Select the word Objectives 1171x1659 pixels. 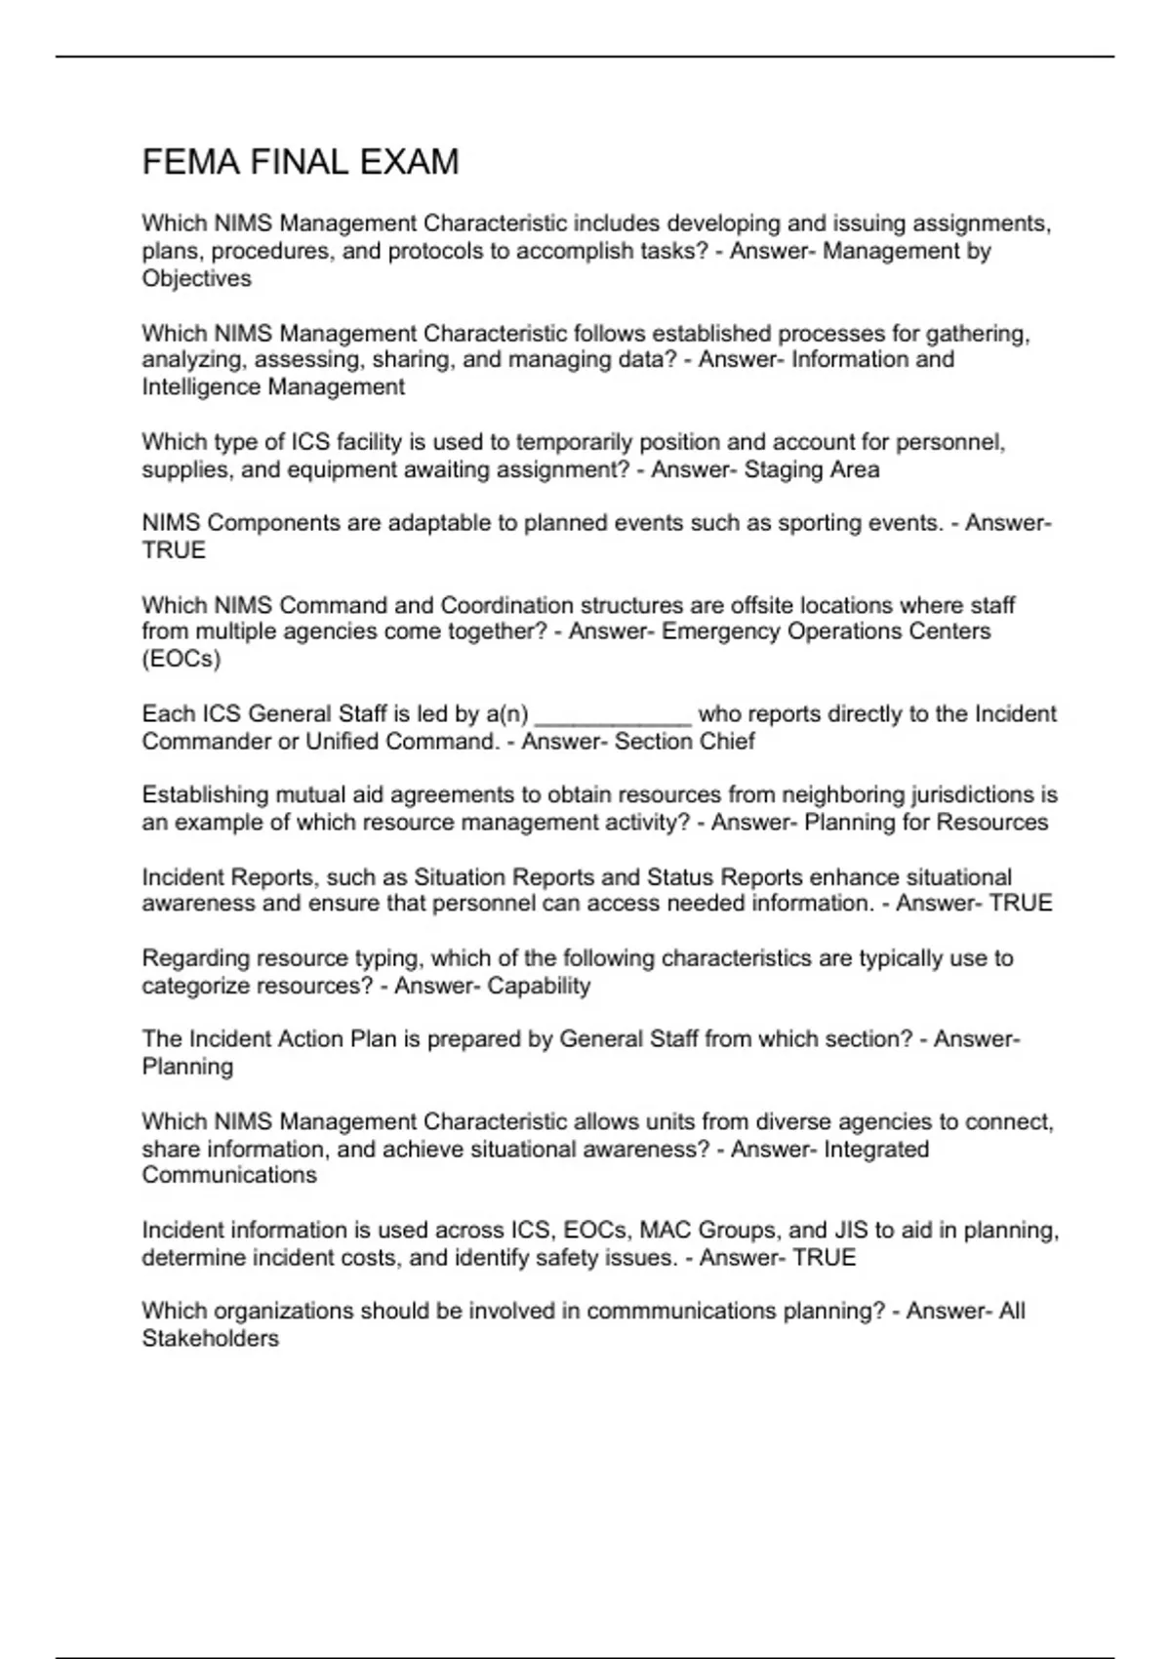pyautogui.click(x=196, y=279)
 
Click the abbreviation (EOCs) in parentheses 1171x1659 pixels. pyautogui.click(x=182, y=660)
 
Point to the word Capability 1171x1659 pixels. pyautogui.click(x=539, y=987)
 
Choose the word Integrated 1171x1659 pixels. pyautogui.click(x=876, y=1150)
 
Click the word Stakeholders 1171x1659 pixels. pyautogui.click(x=210, y=1339)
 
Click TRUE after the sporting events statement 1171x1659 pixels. pyautogui.click(x=174, y=550)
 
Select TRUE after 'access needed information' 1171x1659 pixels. pyautogui.click(x=1021, y=904)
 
